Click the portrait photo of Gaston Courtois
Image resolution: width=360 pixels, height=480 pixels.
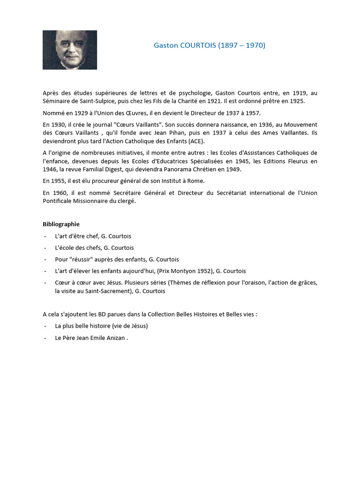point(70,50)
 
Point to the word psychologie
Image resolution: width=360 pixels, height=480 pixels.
point(182,93)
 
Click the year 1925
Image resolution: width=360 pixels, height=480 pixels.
point(296,101)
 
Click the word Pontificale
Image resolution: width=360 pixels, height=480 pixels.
point(58,201)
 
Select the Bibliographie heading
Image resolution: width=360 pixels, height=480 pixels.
point(61,224)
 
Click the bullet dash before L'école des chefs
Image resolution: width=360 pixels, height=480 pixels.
point(45,248)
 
